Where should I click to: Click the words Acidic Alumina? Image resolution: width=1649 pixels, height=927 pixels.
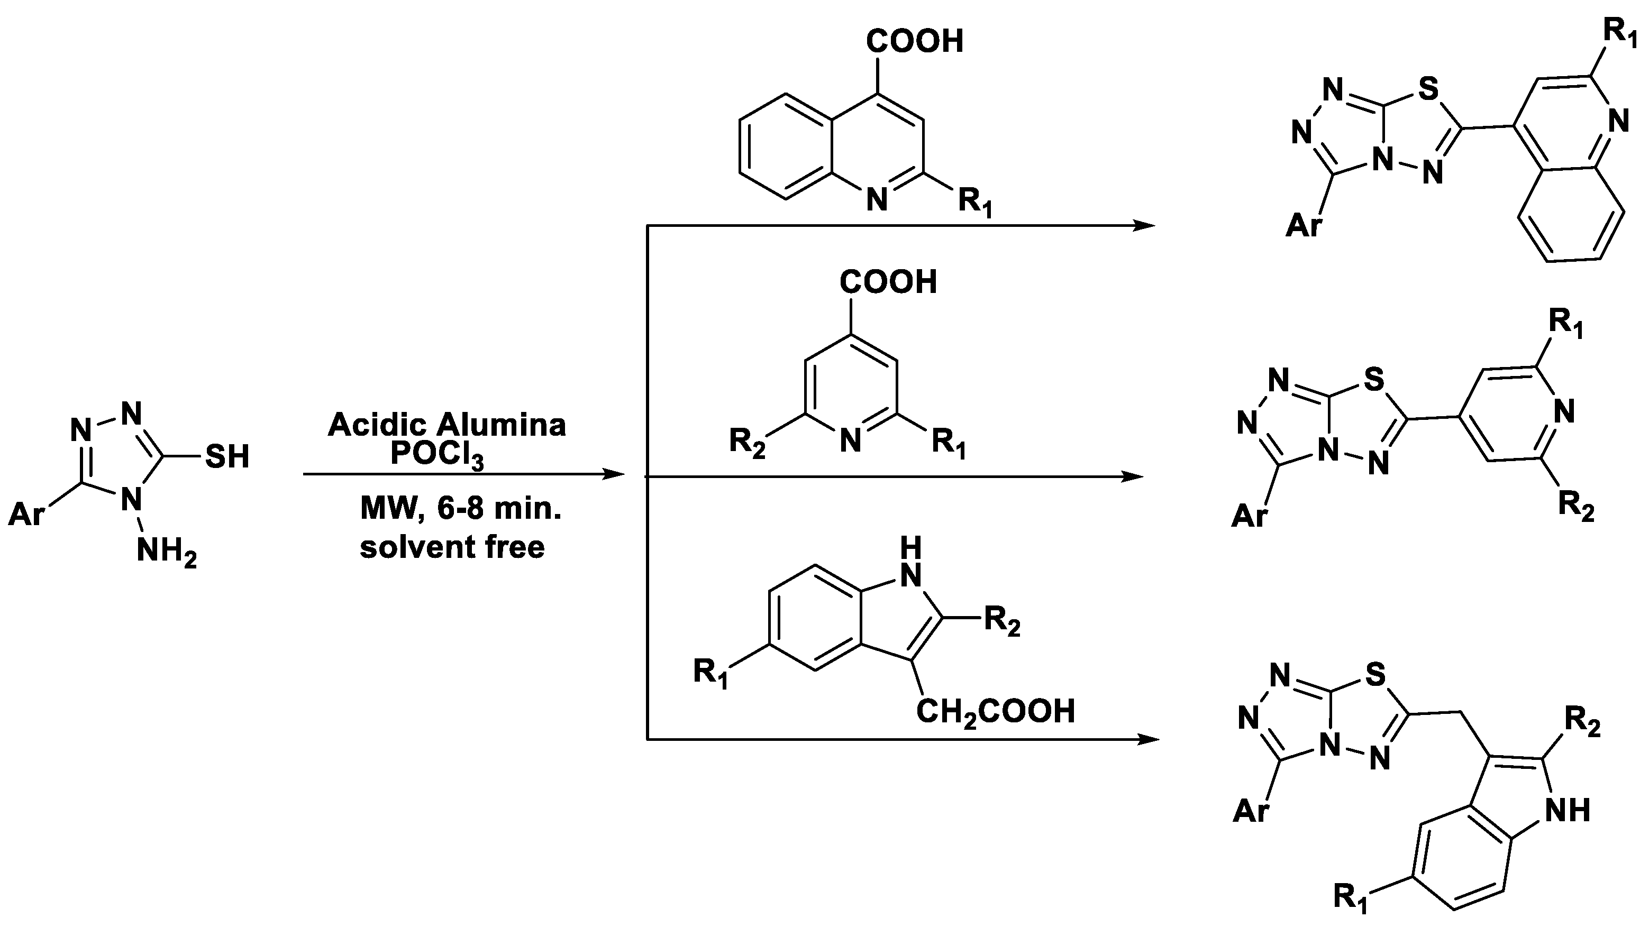(447, 425)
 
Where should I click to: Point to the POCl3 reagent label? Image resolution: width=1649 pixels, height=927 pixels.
(436, 455)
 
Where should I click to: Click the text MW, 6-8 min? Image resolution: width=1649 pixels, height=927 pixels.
(460, 509)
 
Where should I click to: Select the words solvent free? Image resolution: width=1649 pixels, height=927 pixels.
(452, 547)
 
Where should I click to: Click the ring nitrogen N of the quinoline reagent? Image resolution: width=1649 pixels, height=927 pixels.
(877, 200)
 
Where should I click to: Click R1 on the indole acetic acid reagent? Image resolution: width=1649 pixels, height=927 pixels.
(711, 674)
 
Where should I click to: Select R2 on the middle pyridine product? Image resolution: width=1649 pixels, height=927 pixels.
(1575, 506)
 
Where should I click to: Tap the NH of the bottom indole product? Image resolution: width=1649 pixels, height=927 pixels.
(1568, 811)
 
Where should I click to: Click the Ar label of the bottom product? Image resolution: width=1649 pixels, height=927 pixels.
(1250, 811)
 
